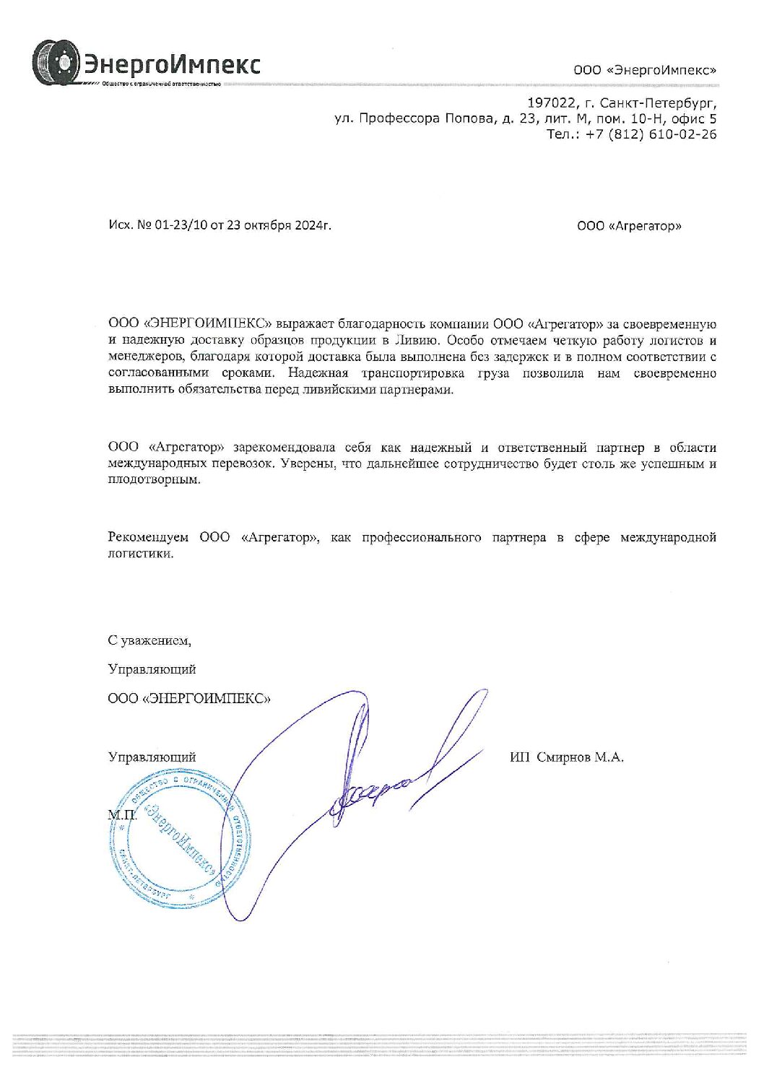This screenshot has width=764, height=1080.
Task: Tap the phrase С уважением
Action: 149,640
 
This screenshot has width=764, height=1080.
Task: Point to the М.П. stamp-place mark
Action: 122,814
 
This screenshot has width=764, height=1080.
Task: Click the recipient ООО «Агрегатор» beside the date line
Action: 629,226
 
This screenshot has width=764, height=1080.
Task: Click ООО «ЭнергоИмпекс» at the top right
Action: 645,70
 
